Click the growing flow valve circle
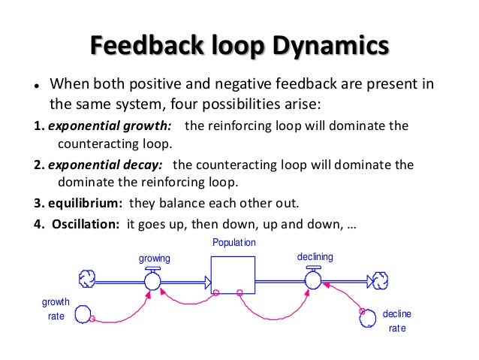pyautogui.click(x=153, y=281)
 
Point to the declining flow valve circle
pyautogui.click(x=313, y=281)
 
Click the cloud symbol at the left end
pyautogui.click(x=86, y=280)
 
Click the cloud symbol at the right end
pyautogui.click(x=381, y=281)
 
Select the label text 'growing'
pyautogui.click(x=155, y=258)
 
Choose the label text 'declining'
pyautogui.click(x=315, y=256)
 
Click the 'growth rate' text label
pyautogui.click(x=56, y=309)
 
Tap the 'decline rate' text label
pyautogui.click(x=397, y=321)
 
